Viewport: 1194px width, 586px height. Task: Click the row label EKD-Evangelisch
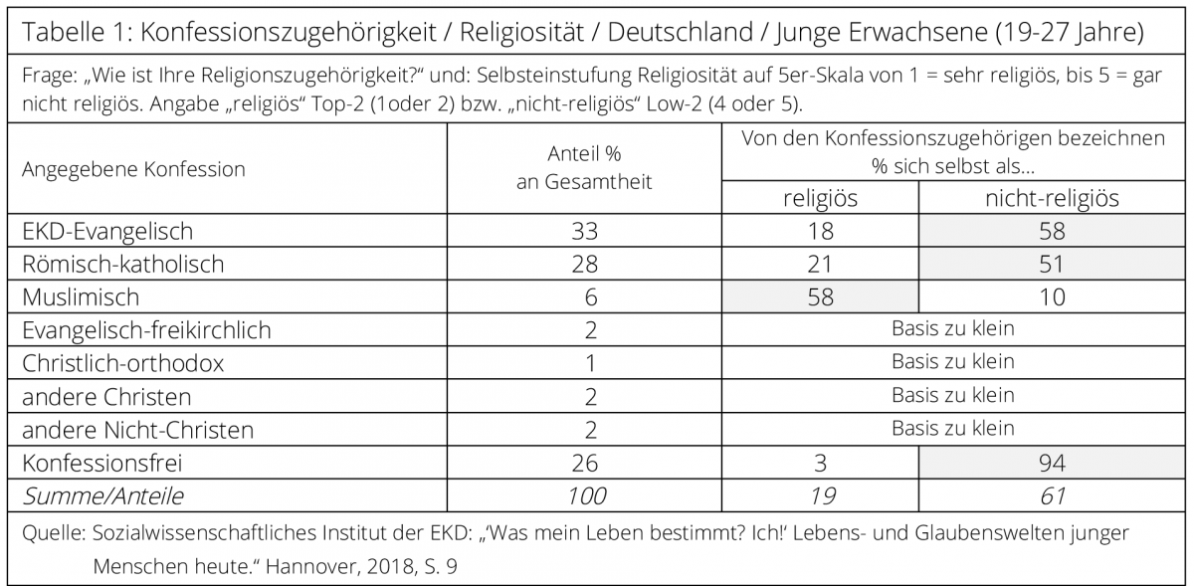click(107, 232)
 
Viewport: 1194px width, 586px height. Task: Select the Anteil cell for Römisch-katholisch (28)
click(585, 265)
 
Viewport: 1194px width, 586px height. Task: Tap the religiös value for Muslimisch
click(820, 297)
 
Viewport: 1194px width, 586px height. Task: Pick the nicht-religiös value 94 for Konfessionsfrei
click(1052, 464)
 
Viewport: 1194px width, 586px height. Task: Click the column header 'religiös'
click(820, 199)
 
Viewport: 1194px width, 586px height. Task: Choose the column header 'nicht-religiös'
click(1052, 199)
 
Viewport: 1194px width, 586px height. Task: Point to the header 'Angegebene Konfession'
click(133, 169)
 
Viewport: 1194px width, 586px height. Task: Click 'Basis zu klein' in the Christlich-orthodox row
click(953, 362)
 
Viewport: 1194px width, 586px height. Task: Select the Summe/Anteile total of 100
click(586, 496)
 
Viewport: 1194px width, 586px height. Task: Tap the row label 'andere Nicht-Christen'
click(137, 431)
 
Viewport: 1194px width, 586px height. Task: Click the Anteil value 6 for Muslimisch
click(591, 297)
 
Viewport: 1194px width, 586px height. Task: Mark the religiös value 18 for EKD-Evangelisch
click(820, 232)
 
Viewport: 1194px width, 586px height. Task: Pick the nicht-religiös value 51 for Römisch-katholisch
click(1052, 265)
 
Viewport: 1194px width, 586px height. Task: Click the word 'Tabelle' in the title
click(63, 32)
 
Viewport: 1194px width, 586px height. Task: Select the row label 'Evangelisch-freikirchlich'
click(146, 330)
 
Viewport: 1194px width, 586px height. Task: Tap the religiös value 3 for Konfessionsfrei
click(820, 464)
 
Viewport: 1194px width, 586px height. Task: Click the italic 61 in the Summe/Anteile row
click(1053, 496)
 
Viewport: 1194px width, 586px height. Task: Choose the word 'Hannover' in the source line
click(311, 566)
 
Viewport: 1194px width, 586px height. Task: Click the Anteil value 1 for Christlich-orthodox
click(591, 364)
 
